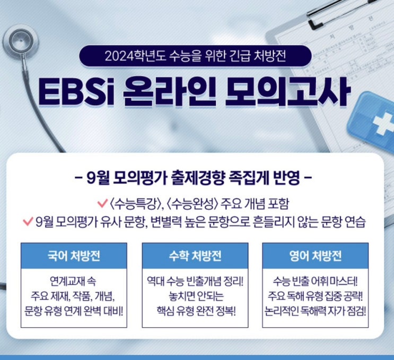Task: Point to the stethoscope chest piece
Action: point(20,44)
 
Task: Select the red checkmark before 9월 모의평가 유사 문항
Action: point(28,219)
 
